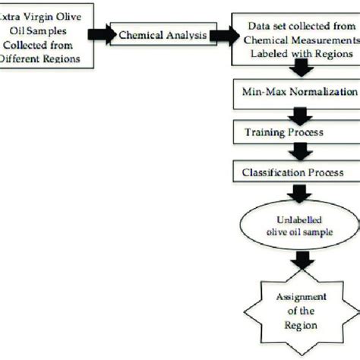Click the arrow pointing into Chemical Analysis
click(x=99, y=35)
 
